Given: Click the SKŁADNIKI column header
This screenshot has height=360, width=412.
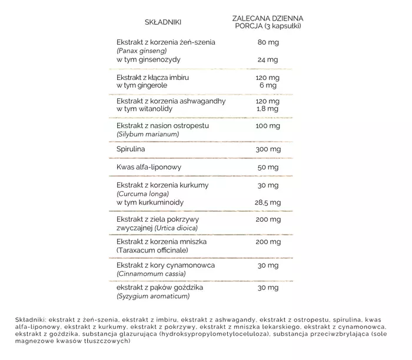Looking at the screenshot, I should pos(163,22).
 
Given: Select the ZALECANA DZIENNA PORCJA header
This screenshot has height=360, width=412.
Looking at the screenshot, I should pos(268,22).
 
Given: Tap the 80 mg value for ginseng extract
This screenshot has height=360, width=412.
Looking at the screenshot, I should pos(268,42).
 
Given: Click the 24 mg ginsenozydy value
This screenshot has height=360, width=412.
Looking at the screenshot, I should pos(268,59).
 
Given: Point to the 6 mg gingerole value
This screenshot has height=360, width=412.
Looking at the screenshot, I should pos(268,85).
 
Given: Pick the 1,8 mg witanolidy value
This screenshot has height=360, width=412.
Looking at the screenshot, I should pos(268,109).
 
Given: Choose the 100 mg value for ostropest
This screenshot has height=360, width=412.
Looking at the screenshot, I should pos(268,126).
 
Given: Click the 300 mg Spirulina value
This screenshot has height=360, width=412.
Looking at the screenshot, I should pos(268,150).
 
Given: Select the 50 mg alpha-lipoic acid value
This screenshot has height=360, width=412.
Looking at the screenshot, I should pos(268,168).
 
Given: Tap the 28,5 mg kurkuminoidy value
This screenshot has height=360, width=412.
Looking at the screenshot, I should pos(268,202).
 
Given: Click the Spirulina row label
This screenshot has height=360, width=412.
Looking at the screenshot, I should pos(132,150).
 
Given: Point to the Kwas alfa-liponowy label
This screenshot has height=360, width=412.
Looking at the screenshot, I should pos(149,168).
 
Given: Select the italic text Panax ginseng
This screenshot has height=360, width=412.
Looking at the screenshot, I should pos(141,51).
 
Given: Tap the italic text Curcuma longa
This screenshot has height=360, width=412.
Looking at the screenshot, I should pos(143,194).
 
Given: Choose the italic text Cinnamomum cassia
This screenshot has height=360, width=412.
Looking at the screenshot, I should pos(151,274).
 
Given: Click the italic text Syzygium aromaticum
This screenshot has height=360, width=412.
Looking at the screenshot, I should pos(153,297).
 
